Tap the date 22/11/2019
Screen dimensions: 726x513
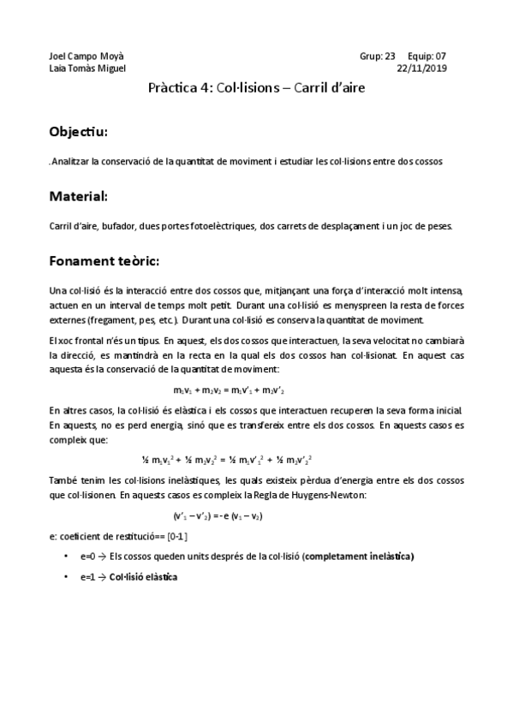(423, 68)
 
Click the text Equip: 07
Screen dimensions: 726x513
(427, 56)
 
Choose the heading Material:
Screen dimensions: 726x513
(79, 196)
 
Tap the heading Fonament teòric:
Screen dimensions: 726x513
(104, 260)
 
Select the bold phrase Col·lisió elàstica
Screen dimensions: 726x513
(144, 576)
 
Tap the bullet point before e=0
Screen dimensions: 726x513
(67, 556)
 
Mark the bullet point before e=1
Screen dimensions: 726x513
(67, 576)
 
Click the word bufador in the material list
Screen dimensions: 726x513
(114, 226)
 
